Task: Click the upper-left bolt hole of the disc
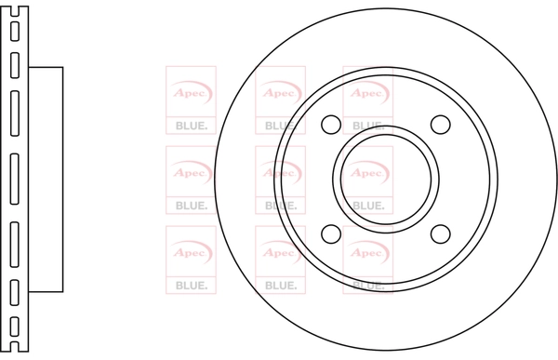331,125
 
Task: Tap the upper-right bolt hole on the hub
440,125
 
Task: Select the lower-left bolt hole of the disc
331,233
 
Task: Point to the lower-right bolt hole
440,233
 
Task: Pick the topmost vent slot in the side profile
15,32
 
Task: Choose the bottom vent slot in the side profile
15,327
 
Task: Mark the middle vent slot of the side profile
15,180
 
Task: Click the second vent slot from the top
15,65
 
